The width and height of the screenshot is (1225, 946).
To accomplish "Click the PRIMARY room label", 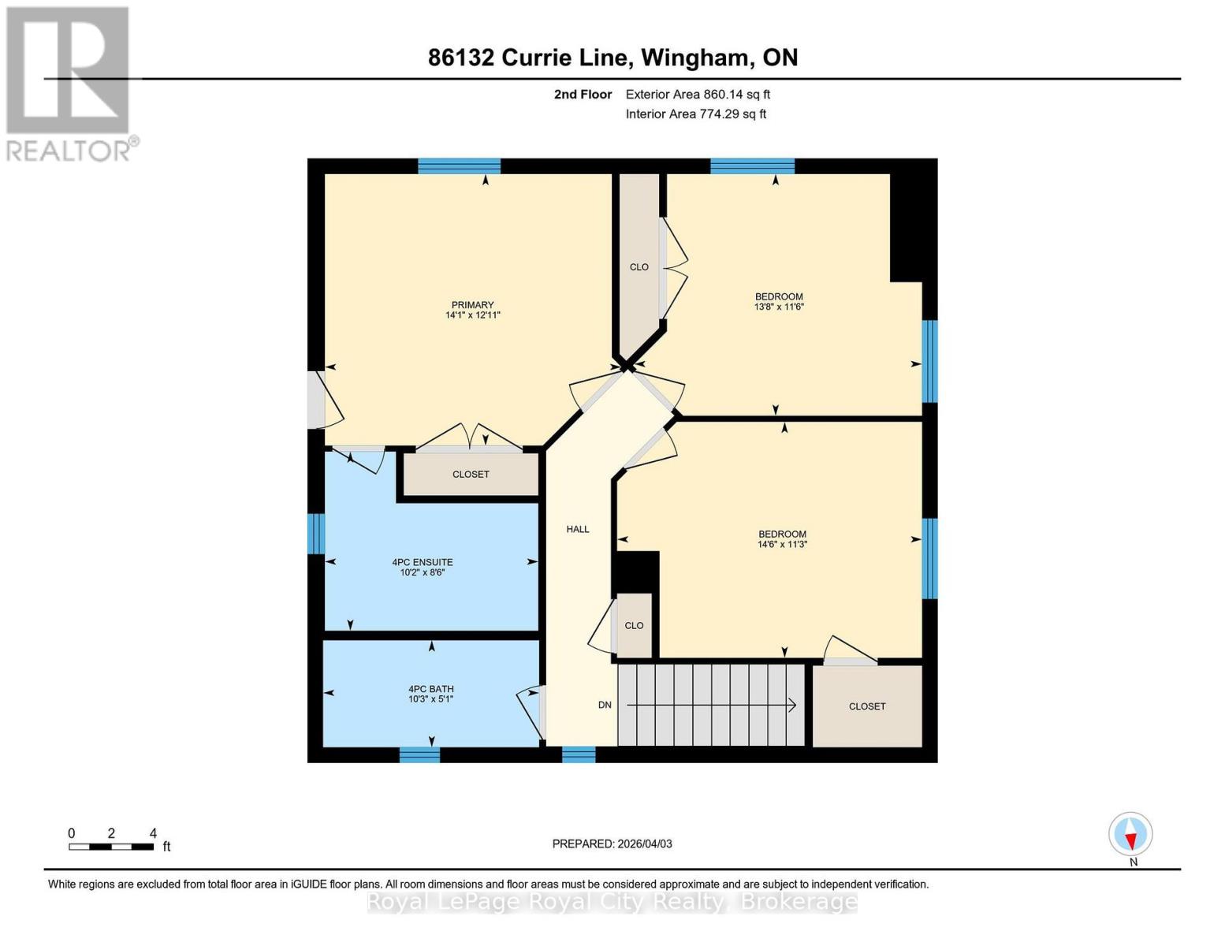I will pyautogui.click(x=472, y=305).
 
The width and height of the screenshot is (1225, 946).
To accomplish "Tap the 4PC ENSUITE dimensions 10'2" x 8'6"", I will pyautogui.click(x=423, y=573).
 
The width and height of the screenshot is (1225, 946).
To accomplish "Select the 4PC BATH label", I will pyautogui.click(x=430, y=689).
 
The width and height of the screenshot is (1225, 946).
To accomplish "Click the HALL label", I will pyautogui.click(x=578, y=530).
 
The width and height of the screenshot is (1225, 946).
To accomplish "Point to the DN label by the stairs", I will pyautogui.click(x=605, y=706).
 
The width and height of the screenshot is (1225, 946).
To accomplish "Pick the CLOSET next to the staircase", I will pyautogui.click(x=867, y=706).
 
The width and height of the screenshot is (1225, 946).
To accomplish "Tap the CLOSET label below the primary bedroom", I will pyautogui.click(x=471, y=475).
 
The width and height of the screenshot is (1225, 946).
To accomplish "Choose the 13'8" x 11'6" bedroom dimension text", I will pyautogui.click(x=779, y=307).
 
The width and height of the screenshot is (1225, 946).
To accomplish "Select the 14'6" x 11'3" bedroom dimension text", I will pyautogui.click(x=783, y=545).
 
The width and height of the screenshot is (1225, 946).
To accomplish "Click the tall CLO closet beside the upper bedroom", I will pyautogui.click(x=639, y=267).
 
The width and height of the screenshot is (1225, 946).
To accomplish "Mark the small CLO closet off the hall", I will pyautogui.click(x=634, y=626).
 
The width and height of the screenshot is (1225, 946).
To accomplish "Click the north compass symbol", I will pyautogui.click(x=1130, y=834).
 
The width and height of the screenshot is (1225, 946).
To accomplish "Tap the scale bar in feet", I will pyautogui.click(x=111, y=847).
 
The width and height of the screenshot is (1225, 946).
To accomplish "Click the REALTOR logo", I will pyautogui.click(x=69, y=83).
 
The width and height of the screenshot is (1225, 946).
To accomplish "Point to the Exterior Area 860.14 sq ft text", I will pyautogui.click(x=698, y=95).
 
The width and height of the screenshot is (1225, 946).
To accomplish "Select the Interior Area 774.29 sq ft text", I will pyautogui.click(x=696, y=114).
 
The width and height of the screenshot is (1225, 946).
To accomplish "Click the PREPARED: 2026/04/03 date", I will pyautogui.click(x=612, y=844).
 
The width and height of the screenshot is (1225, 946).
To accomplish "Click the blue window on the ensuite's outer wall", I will pyautogui.click(x=316, y=534).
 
